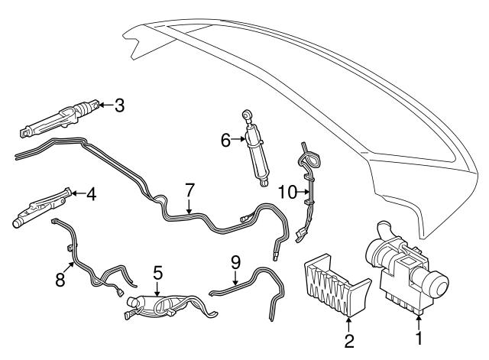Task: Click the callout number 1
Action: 418,336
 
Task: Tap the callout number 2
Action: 348,339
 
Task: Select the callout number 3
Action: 118,105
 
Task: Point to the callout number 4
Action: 91,195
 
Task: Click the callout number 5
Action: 157,273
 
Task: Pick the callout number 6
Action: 225,140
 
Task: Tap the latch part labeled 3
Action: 61,119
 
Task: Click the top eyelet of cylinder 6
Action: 247,114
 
